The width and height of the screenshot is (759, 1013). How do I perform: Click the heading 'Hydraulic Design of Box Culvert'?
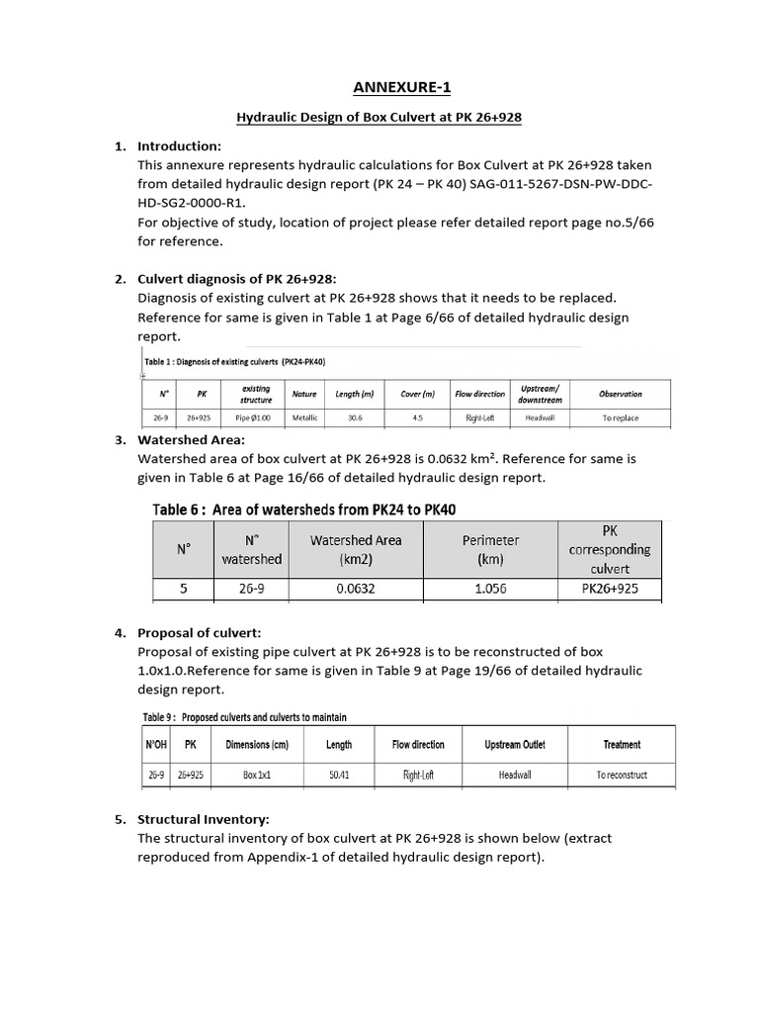click(x=379, y=118)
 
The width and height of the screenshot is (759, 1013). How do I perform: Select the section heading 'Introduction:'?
click(x=179, y=146)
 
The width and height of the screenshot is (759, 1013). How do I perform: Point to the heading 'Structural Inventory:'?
click(x=204, y=819)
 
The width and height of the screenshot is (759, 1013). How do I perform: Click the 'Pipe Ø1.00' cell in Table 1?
click(x=256, y=418)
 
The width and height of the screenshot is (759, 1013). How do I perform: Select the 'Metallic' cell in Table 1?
click(x=304, y=418)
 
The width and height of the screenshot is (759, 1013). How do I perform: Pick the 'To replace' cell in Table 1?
click(x=621, y=418)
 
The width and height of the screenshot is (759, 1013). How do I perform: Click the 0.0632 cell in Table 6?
click(x=355, y=589)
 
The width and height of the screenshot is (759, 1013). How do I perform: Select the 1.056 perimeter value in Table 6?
click(x=490, y=589)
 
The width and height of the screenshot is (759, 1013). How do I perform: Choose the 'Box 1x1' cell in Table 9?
click(x=256, y=775)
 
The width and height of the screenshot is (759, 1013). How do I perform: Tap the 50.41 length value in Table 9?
click(x=339, y=775)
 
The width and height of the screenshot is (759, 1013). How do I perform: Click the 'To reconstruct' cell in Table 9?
click(x=622, y=775)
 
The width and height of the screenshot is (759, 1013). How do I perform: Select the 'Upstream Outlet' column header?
click(x=514, y=744)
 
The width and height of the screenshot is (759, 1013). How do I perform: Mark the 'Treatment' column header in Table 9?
click(x=622, y=744)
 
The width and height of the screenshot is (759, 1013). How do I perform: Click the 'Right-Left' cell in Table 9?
click(x=418, y=775)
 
